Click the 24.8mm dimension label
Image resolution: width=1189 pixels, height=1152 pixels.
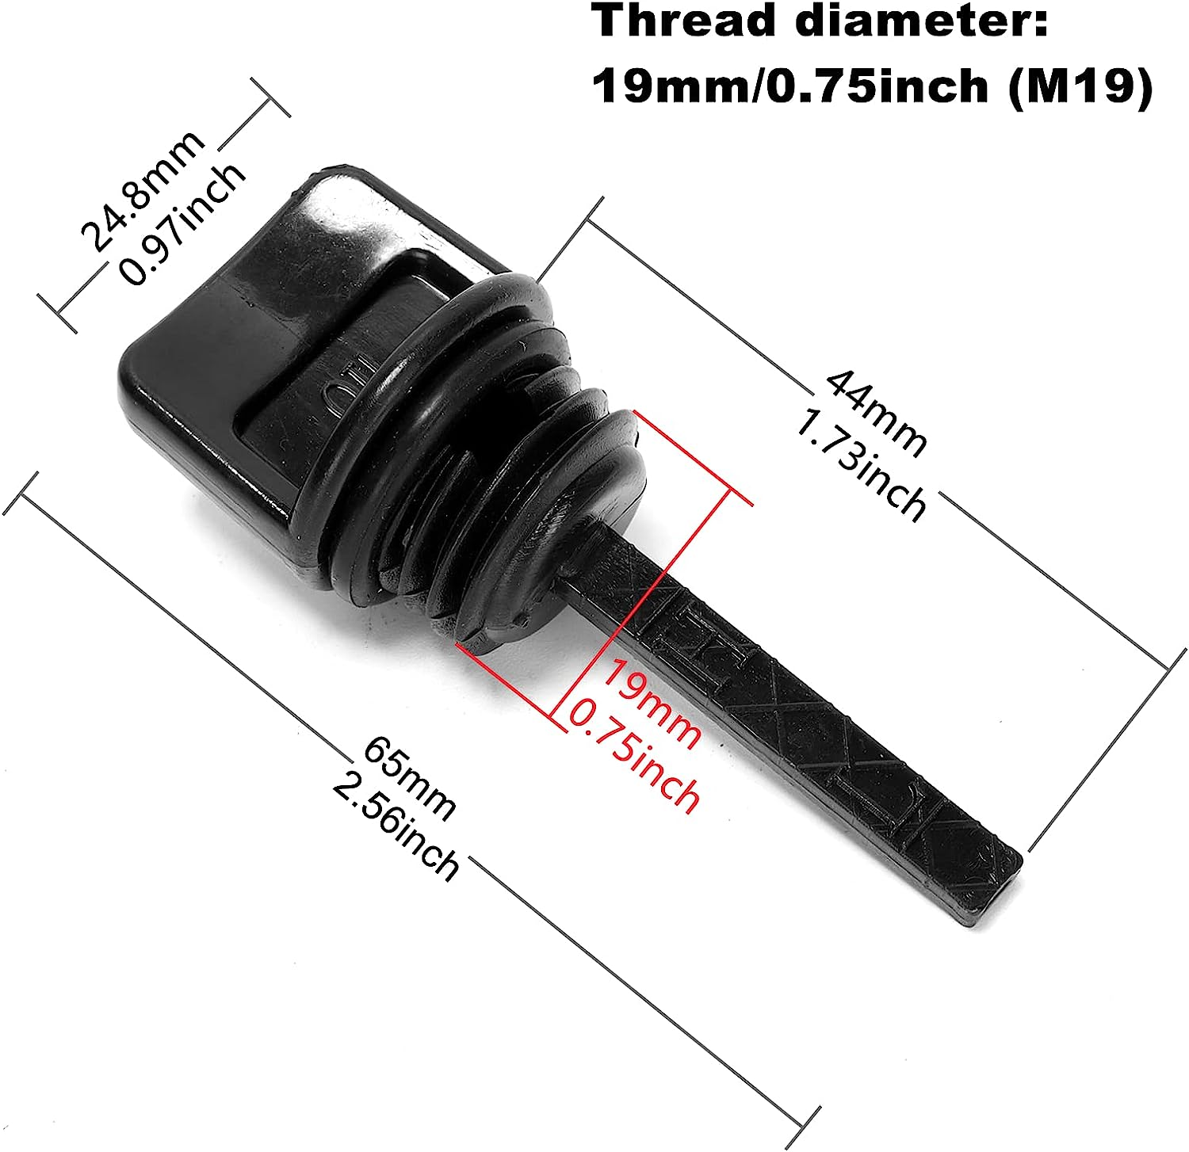coord(143,191)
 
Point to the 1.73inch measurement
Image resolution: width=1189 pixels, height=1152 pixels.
coord(860,467)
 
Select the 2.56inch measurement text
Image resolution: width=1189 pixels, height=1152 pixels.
coord(396,828)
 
